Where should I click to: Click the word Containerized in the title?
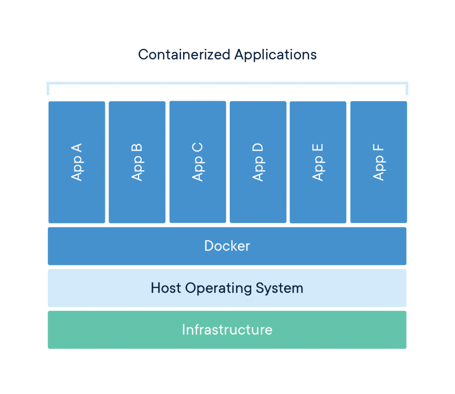coord(184,55)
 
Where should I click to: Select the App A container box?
coord(77,162)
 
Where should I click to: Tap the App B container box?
coord(137,162)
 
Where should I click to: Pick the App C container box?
coord(198,162)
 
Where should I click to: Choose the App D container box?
coord(258,162)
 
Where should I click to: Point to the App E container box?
coord(318,162)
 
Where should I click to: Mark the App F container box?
coord(378,162)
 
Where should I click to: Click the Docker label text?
coord(227,246)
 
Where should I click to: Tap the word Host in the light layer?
coord(166,288)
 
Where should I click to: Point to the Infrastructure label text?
coord(227,330)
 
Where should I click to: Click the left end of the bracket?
coord(48,89)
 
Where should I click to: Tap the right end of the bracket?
coord(407,89)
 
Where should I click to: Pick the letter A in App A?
coord(77,149)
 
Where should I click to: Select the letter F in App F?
coord(378,149)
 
